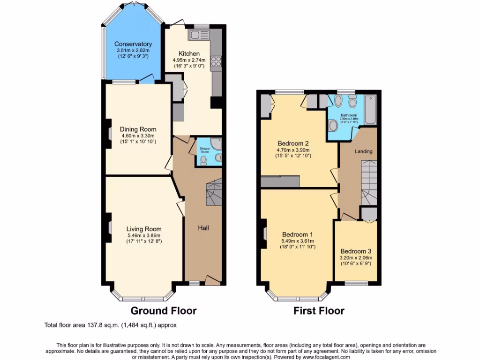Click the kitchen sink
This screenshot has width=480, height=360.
click(x=195, y=34)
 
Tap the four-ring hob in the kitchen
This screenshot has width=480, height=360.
click(x=216, y=60)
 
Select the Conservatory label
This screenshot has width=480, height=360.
click(x=133, y=44)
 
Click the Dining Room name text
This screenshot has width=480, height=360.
click(x=138, y=129)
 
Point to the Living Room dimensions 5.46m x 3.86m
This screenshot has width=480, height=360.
click(x=144, y=235)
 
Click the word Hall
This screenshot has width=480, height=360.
click(x=203, y=228)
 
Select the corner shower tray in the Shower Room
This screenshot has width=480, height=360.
click(x=216, y=143)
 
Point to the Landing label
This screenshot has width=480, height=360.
click(x=363, y=151)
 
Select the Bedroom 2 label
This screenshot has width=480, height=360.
click(x=292, y=143)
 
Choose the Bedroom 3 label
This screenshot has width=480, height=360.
click(x=356, y=251)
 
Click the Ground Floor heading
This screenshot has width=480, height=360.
click(x=163, y=310)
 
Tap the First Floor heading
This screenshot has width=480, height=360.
click(x=319, y=310)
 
